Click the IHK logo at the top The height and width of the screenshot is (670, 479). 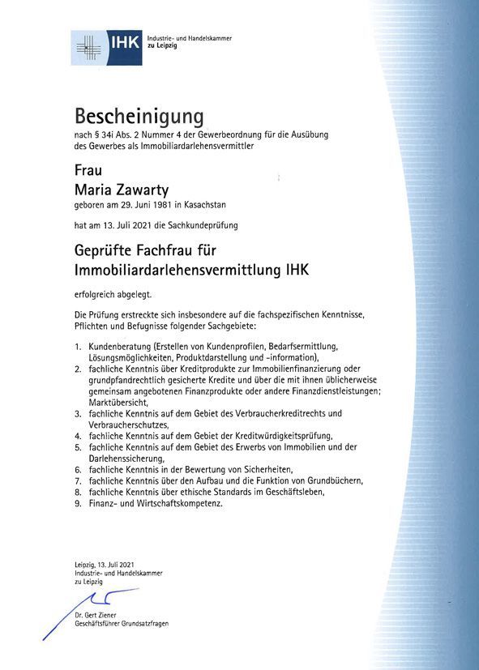(106, 47)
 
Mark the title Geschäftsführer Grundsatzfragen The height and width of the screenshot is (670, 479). (120, 625)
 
